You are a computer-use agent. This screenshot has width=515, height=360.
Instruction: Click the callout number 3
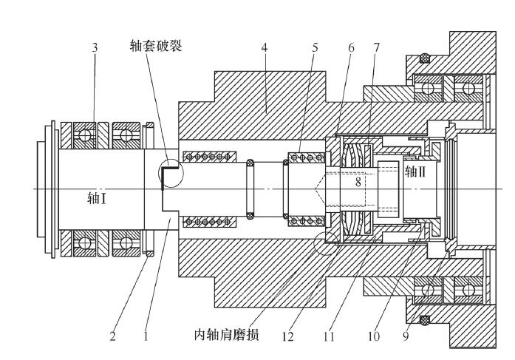94,47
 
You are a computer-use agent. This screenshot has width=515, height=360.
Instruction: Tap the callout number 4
265,47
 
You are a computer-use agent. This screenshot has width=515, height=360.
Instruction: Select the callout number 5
316,47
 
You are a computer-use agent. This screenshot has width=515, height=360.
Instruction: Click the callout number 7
377,47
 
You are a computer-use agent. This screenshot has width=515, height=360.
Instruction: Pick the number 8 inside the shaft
358,180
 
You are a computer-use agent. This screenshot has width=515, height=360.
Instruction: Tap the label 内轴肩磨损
227,336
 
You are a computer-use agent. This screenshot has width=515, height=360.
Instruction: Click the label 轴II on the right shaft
416,172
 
